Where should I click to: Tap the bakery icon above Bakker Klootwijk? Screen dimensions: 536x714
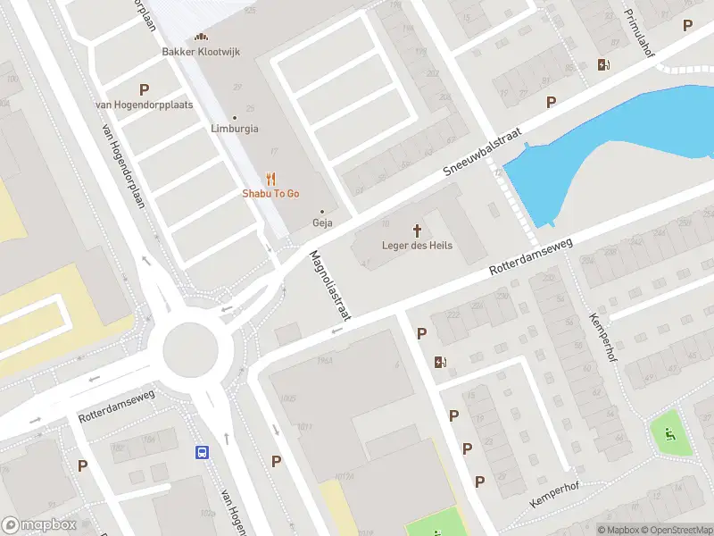coord(201,38)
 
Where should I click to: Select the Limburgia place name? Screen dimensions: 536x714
coord(235,129)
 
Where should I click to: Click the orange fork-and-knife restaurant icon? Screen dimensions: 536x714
coord(271,179)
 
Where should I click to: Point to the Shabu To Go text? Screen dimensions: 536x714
coord(270,194)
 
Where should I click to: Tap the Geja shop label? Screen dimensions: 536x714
coord(321,222)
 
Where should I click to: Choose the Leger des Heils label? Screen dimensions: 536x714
coord(417,246)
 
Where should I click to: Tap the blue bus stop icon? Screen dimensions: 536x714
coord(203,452)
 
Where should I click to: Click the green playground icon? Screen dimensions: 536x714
coord(670,436)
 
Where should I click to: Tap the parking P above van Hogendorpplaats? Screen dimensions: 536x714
coord(144,89)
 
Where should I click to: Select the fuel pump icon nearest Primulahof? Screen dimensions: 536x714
coord(604,64)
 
